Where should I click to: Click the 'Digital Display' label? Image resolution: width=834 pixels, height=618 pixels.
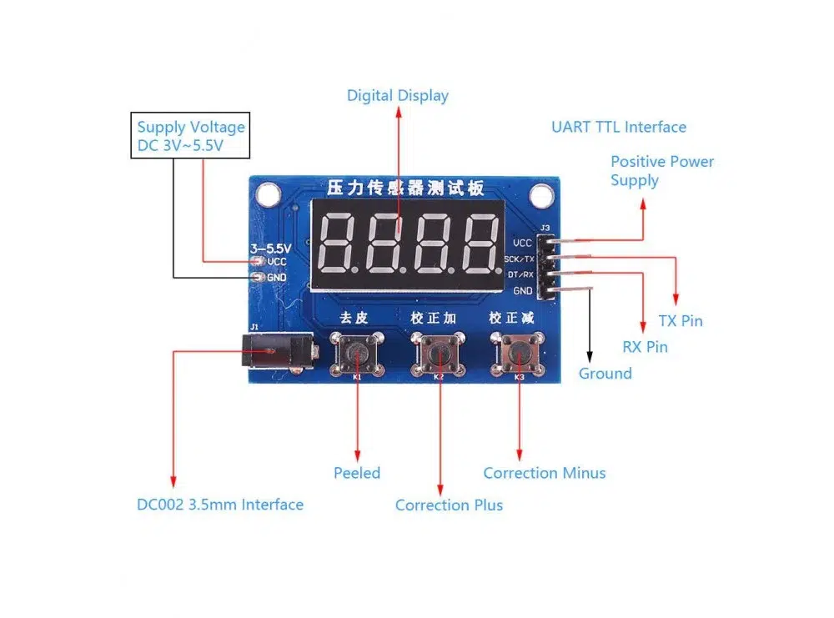pyautogui.click(x=398, y=96)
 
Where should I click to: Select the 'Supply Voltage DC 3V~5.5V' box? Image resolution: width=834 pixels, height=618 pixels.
pyautogui.click(x=192, y=137)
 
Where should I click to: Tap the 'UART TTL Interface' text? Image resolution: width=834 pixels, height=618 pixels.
pyautogui.click(x=618, y=127)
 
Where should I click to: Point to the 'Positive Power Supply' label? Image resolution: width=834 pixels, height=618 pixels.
pyautogui.click(x=661, y=171)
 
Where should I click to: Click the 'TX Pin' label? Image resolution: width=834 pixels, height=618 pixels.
pyautogui.click(x=681, y=321)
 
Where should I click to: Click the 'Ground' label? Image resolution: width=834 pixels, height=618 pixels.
pyautogui.click(x=605, y=374)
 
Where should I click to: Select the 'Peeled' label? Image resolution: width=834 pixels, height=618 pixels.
pyautogui.click(x=357, y=473)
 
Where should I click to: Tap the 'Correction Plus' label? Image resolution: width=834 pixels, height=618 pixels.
pyautogui.click(x=449, y=505)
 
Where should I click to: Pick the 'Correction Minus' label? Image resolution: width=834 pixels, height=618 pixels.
pyautogui.click(x=544, y=473)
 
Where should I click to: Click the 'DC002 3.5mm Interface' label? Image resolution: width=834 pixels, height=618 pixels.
pyautogui.click(x=220, y=505)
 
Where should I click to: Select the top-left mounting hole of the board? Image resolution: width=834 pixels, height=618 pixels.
pyautogui.click(x=267, y=195)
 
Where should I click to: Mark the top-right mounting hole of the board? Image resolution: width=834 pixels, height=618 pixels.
pyautogui.click(x=542, y=195)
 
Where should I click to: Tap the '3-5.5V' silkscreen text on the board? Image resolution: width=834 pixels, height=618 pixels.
pyautogui.click(x=270, y=248)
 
